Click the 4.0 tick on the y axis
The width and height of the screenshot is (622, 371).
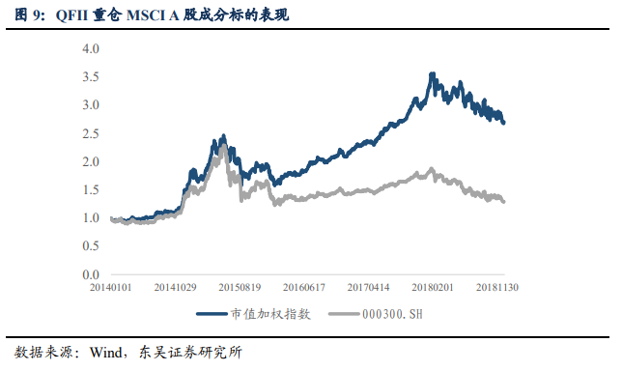(x=91, y=47)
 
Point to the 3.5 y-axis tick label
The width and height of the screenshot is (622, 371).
(x=91, y=76)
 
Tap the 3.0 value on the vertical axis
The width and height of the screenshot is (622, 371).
(x=91, y=104)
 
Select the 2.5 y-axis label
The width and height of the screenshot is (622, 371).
(x=91, y=133)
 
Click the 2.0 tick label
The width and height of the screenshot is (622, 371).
(x=91, y=161)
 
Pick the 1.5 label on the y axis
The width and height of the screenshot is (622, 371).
(x=91, y=190)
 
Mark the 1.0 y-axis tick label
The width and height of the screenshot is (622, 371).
(x=91, y=218)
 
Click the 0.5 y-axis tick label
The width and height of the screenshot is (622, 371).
(x=91, y=247)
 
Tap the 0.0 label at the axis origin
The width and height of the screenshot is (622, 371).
(x=91, y=275)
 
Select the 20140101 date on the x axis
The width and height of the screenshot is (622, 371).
(x=112, y=288)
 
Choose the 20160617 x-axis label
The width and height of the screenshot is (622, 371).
(x=305, y=288)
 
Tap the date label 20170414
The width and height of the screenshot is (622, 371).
(x=370, y=288)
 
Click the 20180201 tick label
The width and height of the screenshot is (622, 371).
(x=434, y=288)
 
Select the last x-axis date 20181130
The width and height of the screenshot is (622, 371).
(x=498, y=288)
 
